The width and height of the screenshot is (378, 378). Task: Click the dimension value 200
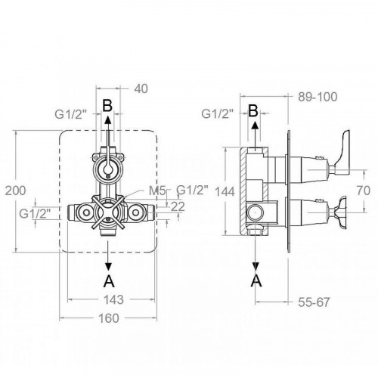coord(16,191)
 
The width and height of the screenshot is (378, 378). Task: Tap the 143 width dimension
coord(114,299)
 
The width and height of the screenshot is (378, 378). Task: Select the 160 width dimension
coord(108,318)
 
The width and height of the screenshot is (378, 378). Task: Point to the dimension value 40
coord(141,88)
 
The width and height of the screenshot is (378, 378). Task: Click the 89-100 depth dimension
coord(318,97)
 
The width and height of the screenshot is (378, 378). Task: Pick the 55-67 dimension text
coord(314,302)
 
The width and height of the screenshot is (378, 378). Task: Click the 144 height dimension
coord(225,191)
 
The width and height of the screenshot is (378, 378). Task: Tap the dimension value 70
coord(364,191)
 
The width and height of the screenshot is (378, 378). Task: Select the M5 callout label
coord(157,191)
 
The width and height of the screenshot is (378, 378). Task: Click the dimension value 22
coord(178,206)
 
